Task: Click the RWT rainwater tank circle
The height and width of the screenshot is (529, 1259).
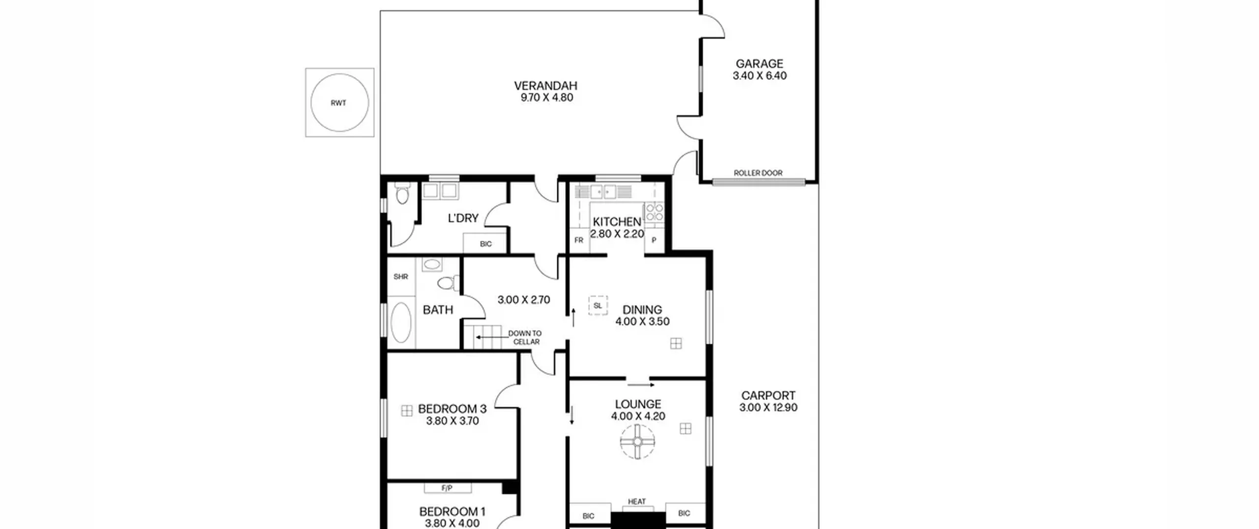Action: click(311, 102)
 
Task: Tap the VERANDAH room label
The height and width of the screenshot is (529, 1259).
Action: click(545, 86)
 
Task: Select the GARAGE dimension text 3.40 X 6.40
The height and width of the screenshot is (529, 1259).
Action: click(759, 76)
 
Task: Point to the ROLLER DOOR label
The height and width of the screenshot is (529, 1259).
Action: click(758, 173)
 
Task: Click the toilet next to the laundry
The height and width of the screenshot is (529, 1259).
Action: click(402, 193)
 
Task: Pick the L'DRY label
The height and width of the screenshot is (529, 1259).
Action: click(463, 218)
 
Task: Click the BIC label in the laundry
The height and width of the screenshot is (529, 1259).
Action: click(485, 244)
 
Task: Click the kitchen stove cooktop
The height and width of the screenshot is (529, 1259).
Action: click(655, 213)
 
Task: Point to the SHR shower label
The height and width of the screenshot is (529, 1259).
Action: click(401, 277)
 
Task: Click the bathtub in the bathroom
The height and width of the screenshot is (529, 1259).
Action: click(402, 322)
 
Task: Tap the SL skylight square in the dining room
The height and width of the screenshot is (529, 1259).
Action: click(598, 306)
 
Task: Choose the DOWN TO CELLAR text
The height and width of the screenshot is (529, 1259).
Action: click(525, 338)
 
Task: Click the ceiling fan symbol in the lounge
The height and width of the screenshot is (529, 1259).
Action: click(637, 442)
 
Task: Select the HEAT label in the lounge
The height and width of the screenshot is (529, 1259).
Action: click(636, 501)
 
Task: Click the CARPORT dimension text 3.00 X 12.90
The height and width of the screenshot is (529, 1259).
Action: click(768, 407)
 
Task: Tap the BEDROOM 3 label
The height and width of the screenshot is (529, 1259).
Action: click(452, 409)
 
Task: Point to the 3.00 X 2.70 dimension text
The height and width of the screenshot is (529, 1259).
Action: click(524, 300)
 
